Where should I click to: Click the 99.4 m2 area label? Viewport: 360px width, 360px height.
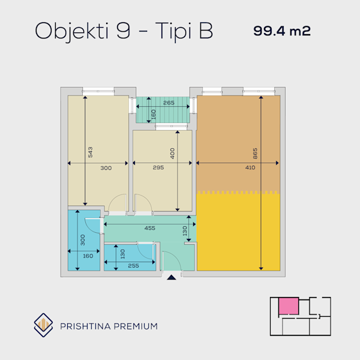pyautogui.click(x=282, y=31)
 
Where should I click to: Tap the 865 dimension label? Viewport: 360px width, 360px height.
pyautogui.click(x=255, y=154)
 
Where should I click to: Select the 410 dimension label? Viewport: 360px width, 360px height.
pyautogui.click(x=250, y=167)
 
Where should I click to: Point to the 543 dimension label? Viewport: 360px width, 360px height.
pyautogui.click(x=90, y=152)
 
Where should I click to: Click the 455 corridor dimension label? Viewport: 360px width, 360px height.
pyautogui.click(x=149, y=228)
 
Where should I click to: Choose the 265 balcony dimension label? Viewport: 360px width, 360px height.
pyautogui.click(x=169, y=103)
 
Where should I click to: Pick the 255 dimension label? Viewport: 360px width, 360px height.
pyautogui.click(x=133, y=266)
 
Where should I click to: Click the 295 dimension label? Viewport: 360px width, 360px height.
pyautogui.click(x=158, y=167)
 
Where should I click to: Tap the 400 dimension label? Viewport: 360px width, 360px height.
pyautogui.click(x=172, y=154)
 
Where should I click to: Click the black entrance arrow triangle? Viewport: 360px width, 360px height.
pyautogui.click(x=172, y=277)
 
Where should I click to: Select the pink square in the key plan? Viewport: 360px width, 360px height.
pyautogui.click(x=289, y=306)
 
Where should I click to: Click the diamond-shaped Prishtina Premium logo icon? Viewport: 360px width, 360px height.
pyautogui.click(x=43, y=325)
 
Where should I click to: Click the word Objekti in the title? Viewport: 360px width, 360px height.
pyautogui.click(x=71, y=31)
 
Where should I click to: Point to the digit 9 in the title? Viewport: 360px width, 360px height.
pyautogui.click(x=123, y=31)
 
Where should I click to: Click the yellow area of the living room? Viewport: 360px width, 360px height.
pyautogui.click(x=238, y=232)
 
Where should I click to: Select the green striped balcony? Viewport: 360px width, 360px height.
pyautogui.click(x=163, y=110)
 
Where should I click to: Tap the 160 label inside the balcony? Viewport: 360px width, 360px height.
pyautogui.click(x=154, y=115)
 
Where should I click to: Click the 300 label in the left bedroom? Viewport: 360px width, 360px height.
pyautogui.click(x=106, y=168)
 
